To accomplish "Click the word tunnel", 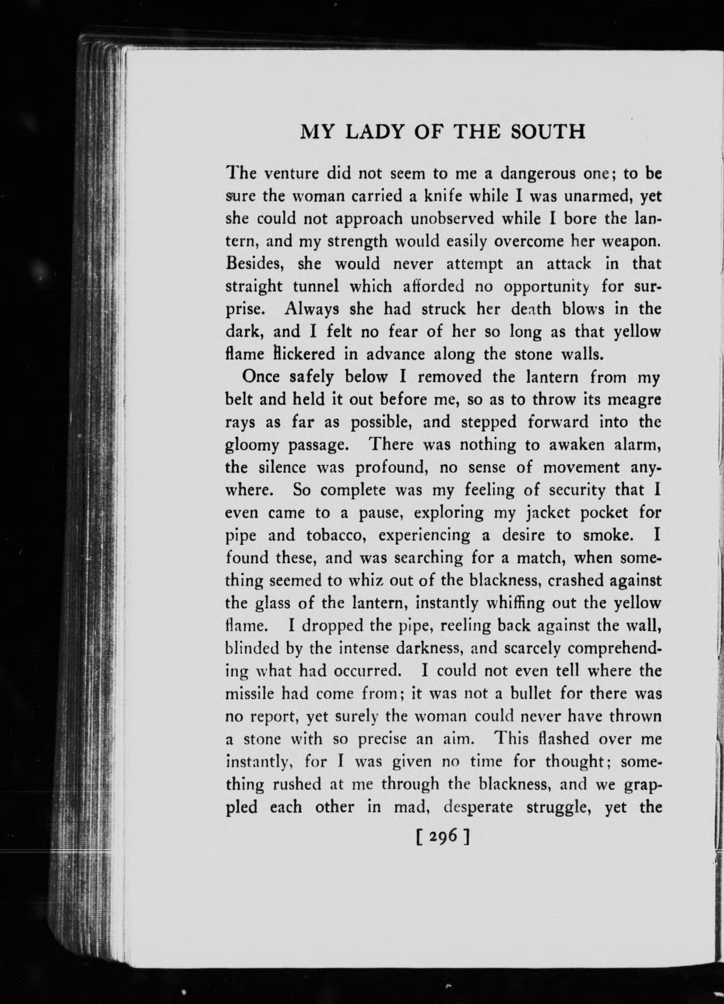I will point(317,287).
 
